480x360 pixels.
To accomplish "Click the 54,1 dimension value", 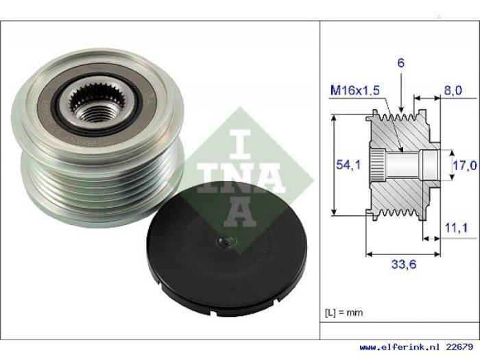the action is [x=348, y=165].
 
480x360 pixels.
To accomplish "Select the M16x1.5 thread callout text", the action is [x=355, y=91].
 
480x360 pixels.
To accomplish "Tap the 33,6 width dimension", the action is [x=404, y=264].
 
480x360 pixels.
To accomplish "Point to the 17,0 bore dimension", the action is [x=465, y=165].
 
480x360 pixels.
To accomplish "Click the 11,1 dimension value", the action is [x=456, y=228].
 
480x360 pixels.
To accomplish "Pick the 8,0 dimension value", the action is [x=453, y=91].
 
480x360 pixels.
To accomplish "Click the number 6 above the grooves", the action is [x=400, y=63].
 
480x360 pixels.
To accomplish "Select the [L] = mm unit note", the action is [x=344, y=313].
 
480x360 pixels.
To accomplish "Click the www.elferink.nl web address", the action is [x=400, y=347].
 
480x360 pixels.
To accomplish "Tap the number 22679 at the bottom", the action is [x=459, y=347].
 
